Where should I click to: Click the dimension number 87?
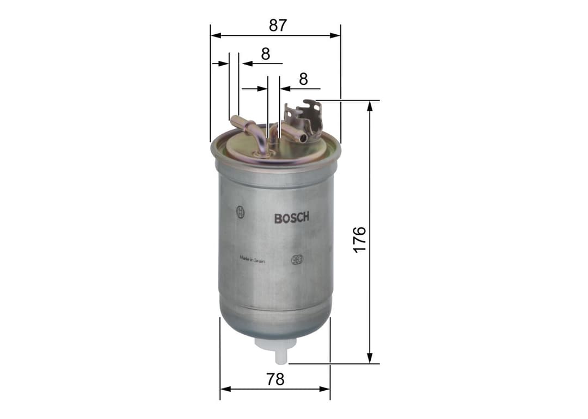point(277,25)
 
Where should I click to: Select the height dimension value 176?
point(359,239)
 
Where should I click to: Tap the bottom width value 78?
point(275,379)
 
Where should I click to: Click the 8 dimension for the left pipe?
point(265,53)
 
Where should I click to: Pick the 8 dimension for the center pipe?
point(303,79)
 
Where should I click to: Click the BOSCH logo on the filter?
point(291,218)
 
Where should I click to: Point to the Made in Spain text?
point(252,259)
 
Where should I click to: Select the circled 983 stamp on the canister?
point(297,259)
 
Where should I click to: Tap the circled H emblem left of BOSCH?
point(240,212)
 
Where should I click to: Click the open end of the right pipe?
point(303,139)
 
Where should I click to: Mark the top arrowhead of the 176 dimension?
point(370,105)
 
